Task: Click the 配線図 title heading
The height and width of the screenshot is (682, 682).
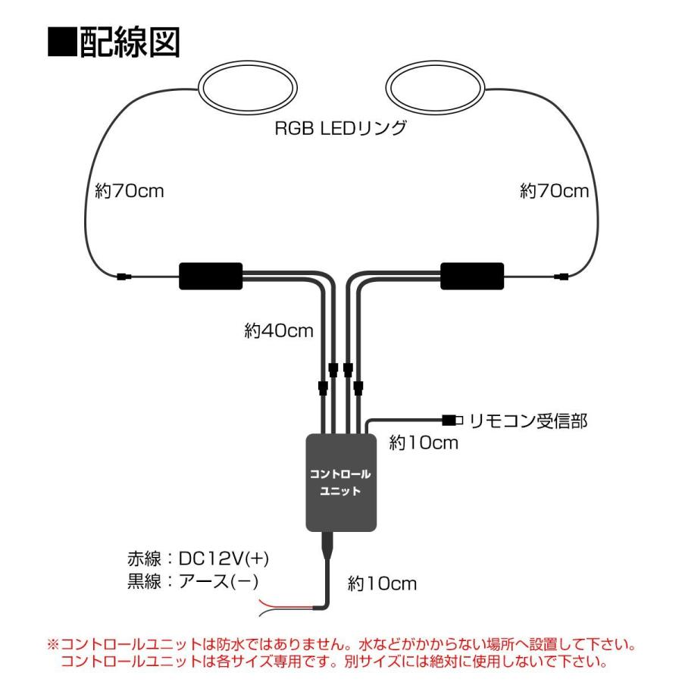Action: [114, 45]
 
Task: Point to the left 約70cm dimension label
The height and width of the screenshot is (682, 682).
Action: [130, 191]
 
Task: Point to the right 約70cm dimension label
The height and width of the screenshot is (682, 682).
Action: [554, 191]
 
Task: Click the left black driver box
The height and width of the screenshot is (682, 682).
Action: [210, 276]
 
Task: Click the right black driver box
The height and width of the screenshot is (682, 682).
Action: [472, 276]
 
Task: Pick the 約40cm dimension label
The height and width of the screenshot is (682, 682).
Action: [279, 330]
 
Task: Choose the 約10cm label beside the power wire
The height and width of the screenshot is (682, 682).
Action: [382, 583]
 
